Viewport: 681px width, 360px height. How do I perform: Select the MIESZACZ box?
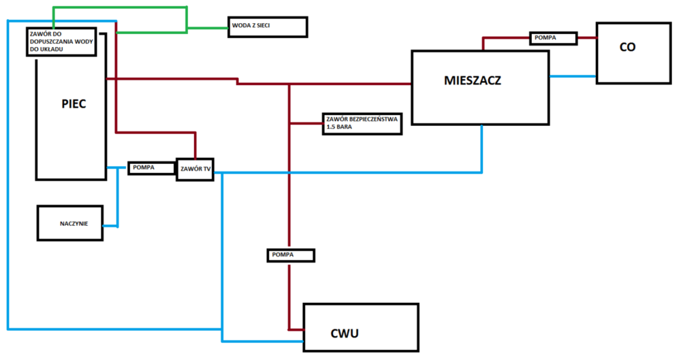(480, 87)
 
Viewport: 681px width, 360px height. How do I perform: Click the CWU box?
(360, 328)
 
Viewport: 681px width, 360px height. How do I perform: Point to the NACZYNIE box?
(70, 222)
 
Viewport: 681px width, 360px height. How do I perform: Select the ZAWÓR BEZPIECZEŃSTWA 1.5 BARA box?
(363, 123)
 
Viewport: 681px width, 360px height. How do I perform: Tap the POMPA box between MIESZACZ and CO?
(554, 38)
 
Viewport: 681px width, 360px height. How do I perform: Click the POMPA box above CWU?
(291, 255)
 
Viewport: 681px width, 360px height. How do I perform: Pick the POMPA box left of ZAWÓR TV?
(152, 167)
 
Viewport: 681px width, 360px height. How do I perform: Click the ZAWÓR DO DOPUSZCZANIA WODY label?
(65, 41)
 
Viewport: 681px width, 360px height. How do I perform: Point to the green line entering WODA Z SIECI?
(208, 28)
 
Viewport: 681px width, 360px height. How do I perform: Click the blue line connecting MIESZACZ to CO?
(572, 76)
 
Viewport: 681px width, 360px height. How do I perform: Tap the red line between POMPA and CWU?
(289, 293)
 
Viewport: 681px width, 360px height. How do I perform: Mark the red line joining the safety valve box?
(306, 123)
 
